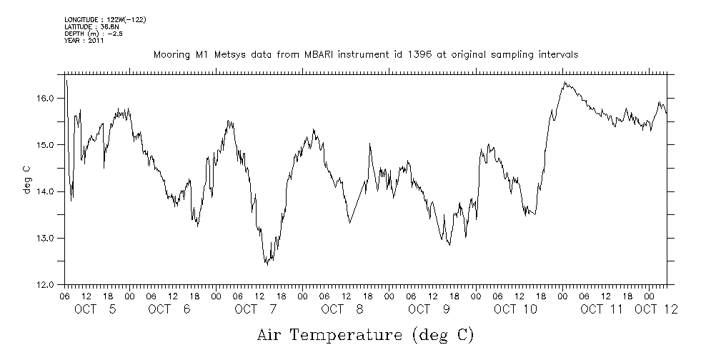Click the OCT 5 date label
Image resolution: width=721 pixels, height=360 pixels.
click(x=96, y=309)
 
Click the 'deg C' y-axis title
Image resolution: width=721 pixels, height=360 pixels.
click(x=26, y=179)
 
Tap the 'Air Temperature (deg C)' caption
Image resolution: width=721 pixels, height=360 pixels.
click(x=365, y=334)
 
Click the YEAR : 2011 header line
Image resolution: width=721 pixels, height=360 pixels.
click(x=84, y=41)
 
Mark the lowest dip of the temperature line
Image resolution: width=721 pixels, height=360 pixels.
click(x=267, y=264)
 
